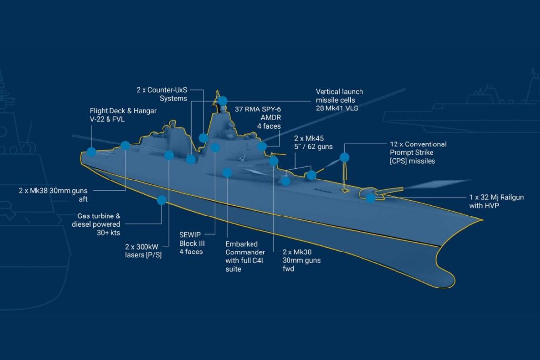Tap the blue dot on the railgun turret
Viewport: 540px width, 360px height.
[x=370, y=198]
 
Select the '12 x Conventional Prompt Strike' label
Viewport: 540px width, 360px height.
[x=418, y=152]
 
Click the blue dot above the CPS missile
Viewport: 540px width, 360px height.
[x=344, y=157]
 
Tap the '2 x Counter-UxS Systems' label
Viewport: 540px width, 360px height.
[x=162, y=94]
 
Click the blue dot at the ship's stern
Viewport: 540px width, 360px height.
[x=91, y=151]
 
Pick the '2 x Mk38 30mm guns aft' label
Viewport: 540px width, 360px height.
[x=53, y=195]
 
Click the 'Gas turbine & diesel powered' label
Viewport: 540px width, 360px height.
[x=96, y=224]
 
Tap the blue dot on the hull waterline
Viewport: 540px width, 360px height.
[x=162, y=200]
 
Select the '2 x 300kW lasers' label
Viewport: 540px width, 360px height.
[x=144, y=251]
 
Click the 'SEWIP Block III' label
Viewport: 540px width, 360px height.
[x=192, y=243]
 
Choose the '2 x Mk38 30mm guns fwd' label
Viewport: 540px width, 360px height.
[x=301, y=260]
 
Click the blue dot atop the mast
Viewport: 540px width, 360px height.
[x=223, y=101]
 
